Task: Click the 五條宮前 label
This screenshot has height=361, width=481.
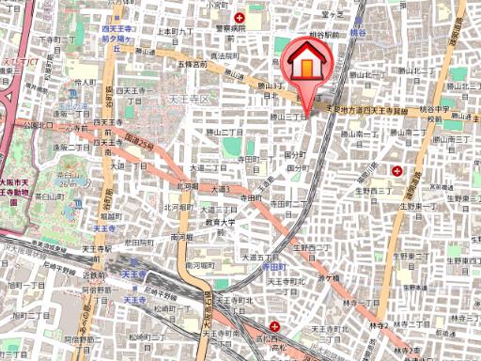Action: coord(191,65)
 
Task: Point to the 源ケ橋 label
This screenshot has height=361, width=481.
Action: coord(328,278)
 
